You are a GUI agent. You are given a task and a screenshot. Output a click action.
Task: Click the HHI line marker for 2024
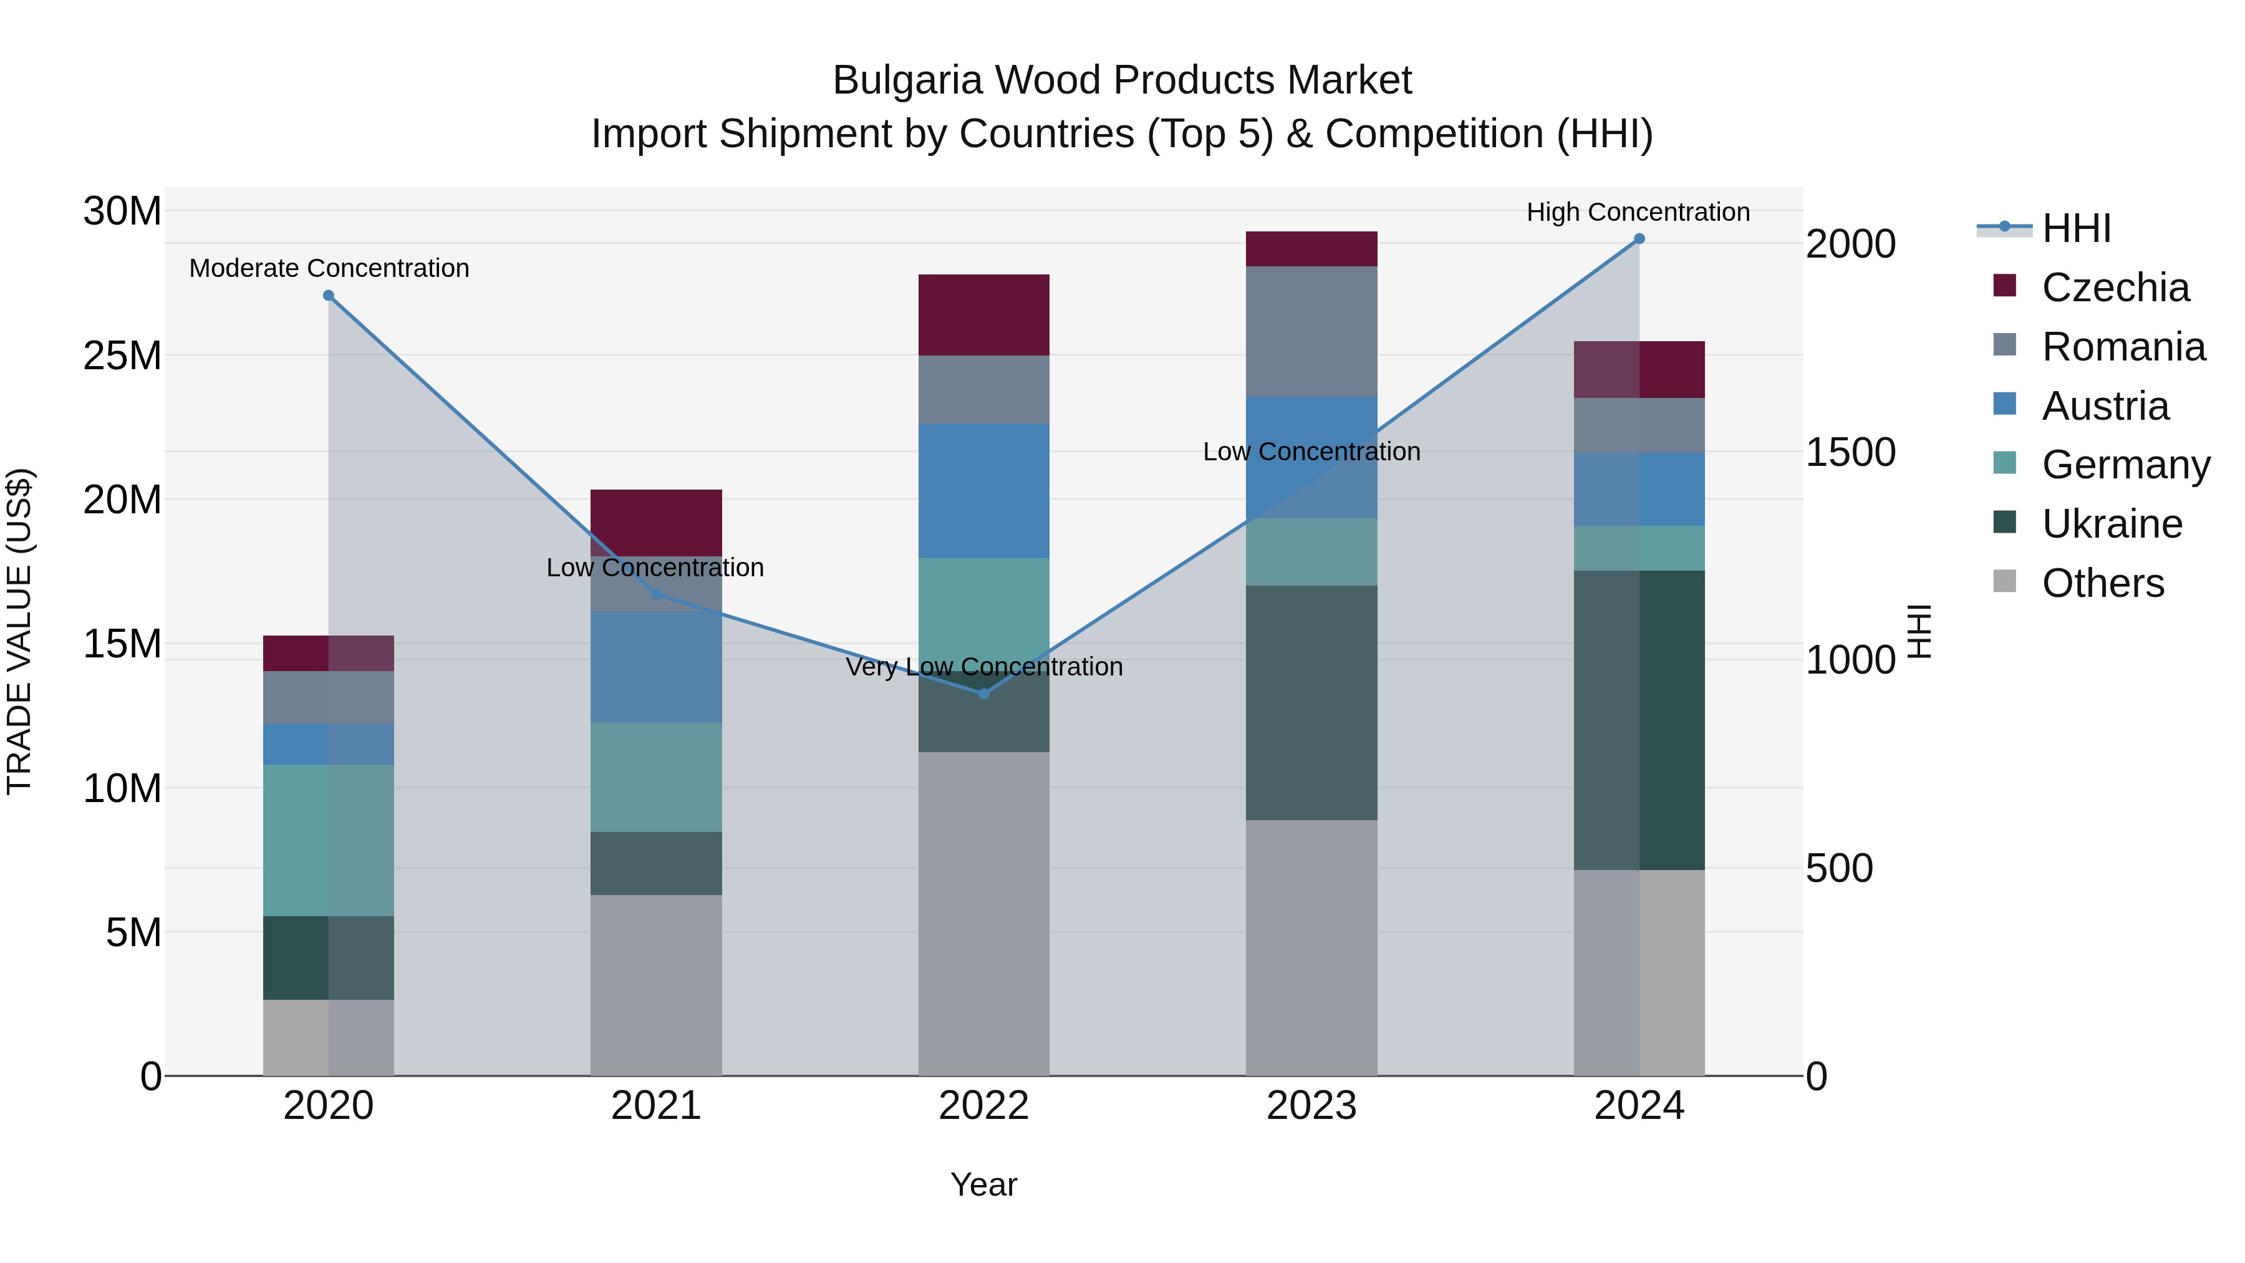(x=1638, y=239)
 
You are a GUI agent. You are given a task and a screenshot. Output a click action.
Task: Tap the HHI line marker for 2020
(x=329, y=296)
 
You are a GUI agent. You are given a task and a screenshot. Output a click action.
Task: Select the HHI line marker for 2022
(x=984, y=694)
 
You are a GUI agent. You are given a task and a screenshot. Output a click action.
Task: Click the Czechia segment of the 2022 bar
(x=984, y=315)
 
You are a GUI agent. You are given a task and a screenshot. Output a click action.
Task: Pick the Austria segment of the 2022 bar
(x=984, y=491)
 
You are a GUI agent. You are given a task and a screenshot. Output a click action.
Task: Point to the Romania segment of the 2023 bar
(x=1311, y=331)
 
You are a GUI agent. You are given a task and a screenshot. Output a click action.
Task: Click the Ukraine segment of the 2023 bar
(x=1311, y=702)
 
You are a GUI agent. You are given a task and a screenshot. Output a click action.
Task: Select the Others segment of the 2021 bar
(x=656, y=985)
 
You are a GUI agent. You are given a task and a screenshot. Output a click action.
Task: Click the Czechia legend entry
(x=2115, y=288)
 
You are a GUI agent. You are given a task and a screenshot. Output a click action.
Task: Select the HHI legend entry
(x=2076, y=228)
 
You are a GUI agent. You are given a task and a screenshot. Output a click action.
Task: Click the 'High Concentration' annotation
(x=1638, y=212)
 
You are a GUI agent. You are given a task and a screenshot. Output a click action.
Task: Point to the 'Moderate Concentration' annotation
(x=329, y=268)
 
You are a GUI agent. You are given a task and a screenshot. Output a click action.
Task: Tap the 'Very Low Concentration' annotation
(x=984, y=667)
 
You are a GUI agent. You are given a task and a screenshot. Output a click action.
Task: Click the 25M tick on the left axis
(x=122, y=356)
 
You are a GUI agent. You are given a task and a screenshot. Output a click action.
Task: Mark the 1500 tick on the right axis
(x=1850, y=452)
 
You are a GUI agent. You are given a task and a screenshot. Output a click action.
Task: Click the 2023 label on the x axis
(x=1311, y=1106)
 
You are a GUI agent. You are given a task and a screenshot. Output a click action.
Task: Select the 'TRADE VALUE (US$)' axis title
(x=19, y=631)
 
